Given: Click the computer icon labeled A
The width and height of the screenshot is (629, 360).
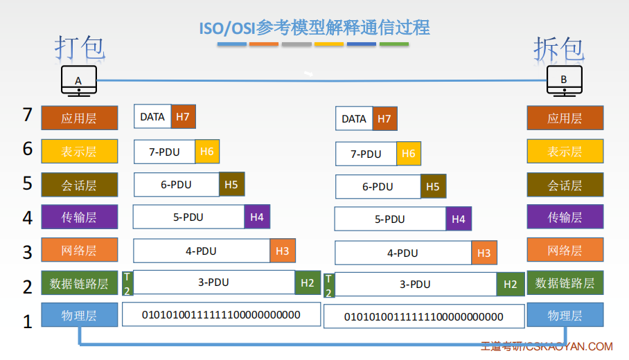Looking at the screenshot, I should [78, 80].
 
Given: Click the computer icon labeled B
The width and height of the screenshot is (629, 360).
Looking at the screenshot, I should [563, 80].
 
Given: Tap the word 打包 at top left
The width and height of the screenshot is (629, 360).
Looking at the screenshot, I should [80, 48].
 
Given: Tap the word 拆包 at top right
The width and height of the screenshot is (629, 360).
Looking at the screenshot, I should [558, 49].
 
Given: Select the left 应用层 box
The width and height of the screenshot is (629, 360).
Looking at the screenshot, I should [79, 118].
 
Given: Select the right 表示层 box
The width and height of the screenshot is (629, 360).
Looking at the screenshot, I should [565, 152].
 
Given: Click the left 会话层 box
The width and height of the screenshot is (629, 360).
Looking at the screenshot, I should [79, 185].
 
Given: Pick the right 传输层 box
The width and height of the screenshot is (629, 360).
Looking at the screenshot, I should [565, 217].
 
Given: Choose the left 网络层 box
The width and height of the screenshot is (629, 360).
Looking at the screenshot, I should [79, 250].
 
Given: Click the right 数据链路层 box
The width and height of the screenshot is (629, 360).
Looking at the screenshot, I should [565, 283].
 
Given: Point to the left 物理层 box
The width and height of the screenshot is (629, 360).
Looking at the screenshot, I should [79, 316].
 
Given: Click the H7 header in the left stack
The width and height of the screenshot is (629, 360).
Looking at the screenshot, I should [183, 117].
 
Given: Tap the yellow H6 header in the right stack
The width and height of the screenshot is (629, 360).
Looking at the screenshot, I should [409, 154].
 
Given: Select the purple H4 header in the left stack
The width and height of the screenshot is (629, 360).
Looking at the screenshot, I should [257, 217].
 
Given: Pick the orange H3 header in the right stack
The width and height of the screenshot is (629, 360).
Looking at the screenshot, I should [484, 253].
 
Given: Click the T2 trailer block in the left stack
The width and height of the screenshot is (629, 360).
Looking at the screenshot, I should [127, 283].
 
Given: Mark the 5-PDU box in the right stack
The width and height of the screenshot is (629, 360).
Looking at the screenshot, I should [390, 219].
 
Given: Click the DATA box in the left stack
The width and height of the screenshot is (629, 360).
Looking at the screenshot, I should [152, 117].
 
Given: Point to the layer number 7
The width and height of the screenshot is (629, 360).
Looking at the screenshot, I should [28, 115].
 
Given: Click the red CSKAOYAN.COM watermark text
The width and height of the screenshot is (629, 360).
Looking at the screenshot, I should [547, 346].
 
